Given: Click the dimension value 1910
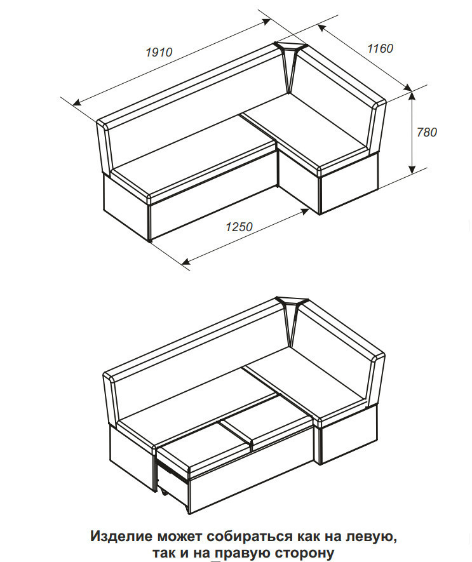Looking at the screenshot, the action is click(159, 52).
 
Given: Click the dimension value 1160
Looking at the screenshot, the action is click(380, 48).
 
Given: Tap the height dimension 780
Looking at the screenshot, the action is click(427, 132).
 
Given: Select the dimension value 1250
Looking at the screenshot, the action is click(239, 227).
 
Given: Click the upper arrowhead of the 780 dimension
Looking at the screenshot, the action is click(412, 96).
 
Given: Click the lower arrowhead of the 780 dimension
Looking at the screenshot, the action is click(412, 170).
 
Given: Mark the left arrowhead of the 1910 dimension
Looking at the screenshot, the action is click(77, 103).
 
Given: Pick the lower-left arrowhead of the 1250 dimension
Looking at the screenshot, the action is click(186, 260).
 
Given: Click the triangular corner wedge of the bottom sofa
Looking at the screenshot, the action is click(290, 315).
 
